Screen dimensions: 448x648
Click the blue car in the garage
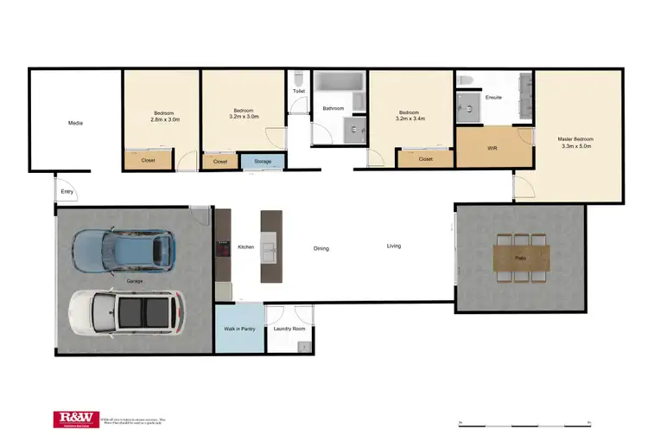coord(124,249)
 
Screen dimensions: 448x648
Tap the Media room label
coord(75,124)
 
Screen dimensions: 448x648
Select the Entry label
coord(67,191)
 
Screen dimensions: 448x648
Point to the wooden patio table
coord(521,258)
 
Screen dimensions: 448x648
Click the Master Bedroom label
coord(575,139)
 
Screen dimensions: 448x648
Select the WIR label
coord(492,148)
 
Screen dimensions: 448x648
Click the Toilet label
coord(298,91)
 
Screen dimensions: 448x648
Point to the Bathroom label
coord(334,108)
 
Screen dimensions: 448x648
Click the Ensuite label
coord(493,97)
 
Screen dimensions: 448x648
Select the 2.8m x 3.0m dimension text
coord(165,119)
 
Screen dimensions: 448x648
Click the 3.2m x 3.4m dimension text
coord(408,119)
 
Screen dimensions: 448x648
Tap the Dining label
coord(321,248)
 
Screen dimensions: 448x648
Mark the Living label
coord(393,246)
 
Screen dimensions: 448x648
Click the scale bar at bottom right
coord(524,424)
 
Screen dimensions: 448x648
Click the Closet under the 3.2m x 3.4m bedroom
coord(425,159)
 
